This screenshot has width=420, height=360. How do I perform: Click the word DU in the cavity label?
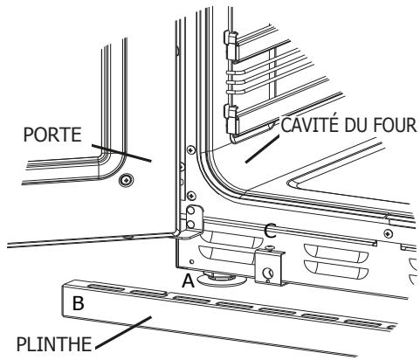click(358, 126)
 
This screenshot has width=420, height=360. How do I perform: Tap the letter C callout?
click(272, 232)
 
